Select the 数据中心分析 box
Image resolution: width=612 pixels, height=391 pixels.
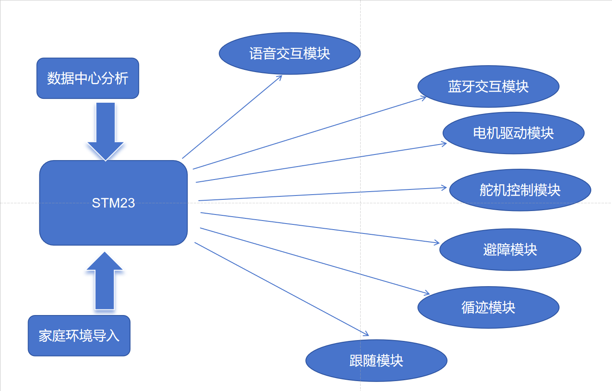[88, 78]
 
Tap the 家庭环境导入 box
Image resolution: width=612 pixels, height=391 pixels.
[79, 335]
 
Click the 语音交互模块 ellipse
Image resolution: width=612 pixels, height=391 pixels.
[289, 54]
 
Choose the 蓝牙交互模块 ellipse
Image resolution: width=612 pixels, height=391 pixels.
[488, 86]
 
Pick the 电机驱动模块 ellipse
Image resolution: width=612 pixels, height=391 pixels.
[513, 133]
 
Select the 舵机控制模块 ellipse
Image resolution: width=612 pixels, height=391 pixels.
[520, 190]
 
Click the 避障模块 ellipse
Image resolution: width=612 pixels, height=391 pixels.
[510, 249]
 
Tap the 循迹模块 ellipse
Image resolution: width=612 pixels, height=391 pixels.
[488, 307]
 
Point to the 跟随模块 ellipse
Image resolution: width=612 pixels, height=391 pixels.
[376, 360]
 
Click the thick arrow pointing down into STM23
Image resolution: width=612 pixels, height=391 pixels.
[105, 129]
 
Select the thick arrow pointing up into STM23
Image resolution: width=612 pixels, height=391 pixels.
[105, 281]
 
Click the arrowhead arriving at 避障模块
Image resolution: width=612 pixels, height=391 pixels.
[438, 243]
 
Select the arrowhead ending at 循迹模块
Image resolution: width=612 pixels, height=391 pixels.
[428, 293]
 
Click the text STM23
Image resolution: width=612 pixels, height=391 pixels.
[113, 203]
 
